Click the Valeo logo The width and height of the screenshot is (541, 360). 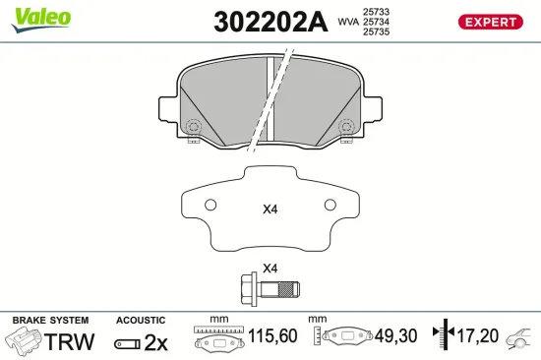40,18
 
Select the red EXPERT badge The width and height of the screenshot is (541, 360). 489,22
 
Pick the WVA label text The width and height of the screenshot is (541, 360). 347,21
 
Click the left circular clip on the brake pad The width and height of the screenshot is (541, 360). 194,127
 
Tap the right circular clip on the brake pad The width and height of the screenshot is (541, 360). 345,127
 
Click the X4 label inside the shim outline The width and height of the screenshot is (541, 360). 270,209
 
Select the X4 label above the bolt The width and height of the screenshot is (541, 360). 270,269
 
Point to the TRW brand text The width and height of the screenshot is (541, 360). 70,342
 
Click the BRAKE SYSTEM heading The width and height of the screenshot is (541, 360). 49,321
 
